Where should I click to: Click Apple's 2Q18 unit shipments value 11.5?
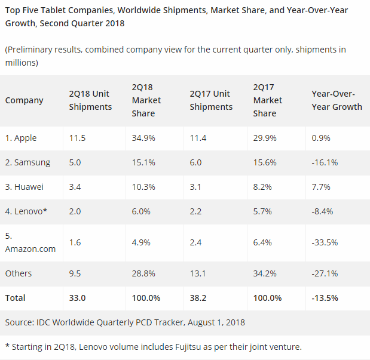(x=78, y=138)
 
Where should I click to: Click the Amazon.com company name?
(x=30, y=248)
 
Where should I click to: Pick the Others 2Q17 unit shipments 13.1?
(x=197, y=273)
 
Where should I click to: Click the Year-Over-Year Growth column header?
(x=337, y=100)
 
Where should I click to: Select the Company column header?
(x=25, y=100)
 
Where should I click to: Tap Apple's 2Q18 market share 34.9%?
(x=144, y=138)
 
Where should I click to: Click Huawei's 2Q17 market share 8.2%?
(x=263, y=187)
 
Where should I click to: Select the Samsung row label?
(x=27, y=162)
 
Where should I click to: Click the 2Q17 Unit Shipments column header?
(x=211, y=100)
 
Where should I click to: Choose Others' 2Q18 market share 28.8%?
(x=144, y=273)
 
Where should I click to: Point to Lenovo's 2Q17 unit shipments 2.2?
(x=195, y=211)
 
